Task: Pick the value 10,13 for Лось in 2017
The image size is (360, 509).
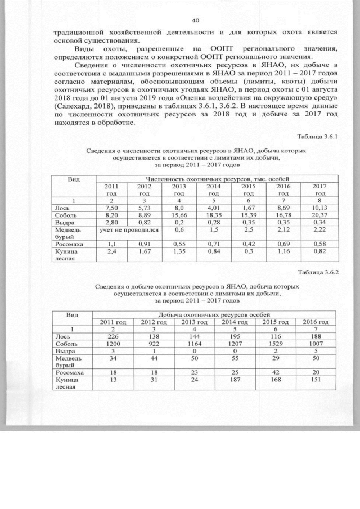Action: point(319,208)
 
